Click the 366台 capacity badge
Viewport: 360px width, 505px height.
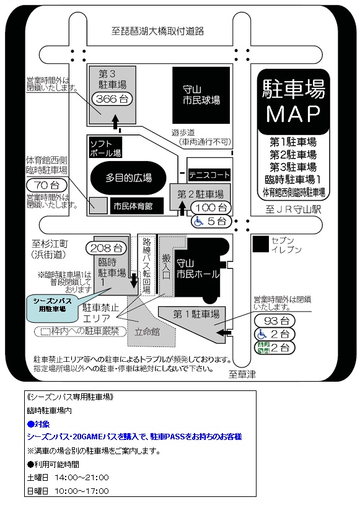click(x=112, y=99)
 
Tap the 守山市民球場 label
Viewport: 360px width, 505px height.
click(x=201, y=95)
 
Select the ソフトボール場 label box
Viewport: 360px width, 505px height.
click(x=105, y=147)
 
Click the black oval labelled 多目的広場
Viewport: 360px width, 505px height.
click(x=128, y=178)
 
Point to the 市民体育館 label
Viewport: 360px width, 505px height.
click(x=133, y=206)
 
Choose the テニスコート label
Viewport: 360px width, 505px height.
click(x=209, y=175)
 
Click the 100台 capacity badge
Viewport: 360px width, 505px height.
click(x=211, y=208)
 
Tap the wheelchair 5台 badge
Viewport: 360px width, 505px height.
click(x=211, y=222)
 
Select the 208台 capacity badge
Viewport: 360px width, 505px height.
click(x=106, y=248)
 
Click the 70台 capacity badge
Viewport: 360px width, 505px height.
click(x=46, y=185)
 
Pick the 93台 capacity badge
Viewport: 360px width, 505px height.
click(x=274, y=321)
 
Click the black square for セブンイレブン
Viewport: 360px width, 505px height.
click(x=260, y=244)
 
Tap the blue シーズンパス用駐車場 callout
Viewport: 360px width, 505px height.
click(x=53, y=305)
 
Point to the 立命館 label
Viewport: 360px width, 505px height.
click(x=147, y=332)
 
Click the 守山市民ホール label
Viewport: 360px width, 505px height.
click(x=198, y=268)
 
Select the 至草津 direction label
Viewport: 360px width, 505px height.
click(x=242, y=374)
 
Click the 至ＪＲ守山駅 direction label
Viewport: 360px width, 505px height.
click(x=293, y=209)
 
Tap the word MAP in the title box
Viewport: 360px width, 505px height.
click(x=293, y=114)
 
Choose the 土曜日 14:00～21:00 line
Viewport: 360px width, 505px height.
click(x=68, y=477)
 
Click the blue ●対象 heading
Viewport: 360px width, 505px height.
click(x=38, y=424)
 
